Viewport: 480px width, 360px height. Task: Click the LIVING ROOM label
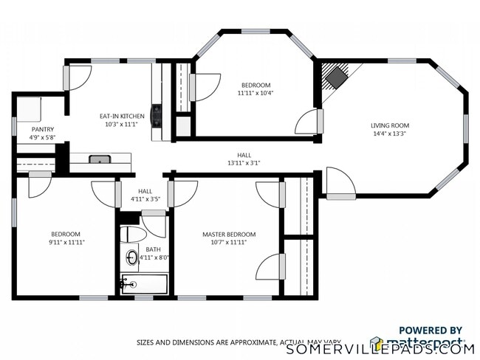point(389,125)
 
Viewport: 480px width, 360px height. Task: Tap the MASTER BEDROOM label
point(224,235)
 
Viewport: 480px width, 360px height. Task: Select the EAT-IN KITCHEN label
point(122,117)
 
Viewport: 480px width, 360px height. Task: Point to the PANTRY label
point(42,129)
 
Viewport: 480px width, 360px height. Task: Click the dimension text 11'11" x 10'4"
point(254,94)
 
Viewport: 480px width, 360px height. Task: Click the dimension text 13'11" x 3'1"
point(244,163)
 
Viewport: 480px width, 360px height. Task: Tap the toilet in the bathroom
point(133,234)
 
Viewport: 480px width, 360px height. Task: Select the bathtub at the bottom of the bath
point(145,284)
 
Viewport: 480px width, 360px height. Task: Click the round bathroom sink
point(131,257)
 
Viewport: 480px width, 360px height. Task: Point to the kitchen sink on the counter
point(100,159)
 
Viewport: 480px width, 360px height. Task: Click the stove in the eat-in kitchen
point(157,116)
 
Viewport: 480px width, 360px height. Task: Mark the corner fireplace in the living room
point(337,77)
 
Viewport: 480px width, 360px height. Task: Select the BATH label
point(153,249)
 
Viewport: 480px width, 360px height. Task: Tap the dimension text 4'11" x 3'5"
point(145,199)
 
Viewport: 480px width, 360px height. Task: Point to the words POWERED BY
point(431,330)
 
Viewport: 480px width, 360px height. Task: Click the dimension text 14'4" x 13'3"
point(389,134)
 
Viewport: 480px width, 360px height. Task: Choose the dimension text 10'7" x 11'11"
point(224,243)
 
